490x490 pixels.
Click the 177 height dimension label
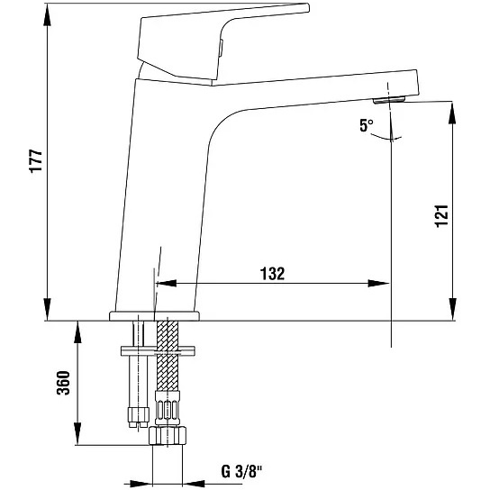click(36, 161)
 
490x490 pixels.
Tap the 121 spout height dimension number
click(442, 216)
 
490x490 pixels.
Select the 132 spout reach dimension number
click(273, 274)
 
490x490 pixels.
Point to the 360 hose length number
click(63, 383)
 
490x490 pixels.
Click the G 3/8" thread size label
click(241, 472)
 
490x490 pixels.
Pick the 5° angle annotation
click(367, 125)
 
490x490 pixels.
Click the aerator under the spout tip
click(389, 100)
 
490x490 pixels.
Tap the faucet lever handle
click(219, 44)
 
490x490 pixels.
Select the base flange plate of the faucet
click(154, 316)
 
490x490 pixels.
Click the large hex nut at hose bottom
click(168, 435)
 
